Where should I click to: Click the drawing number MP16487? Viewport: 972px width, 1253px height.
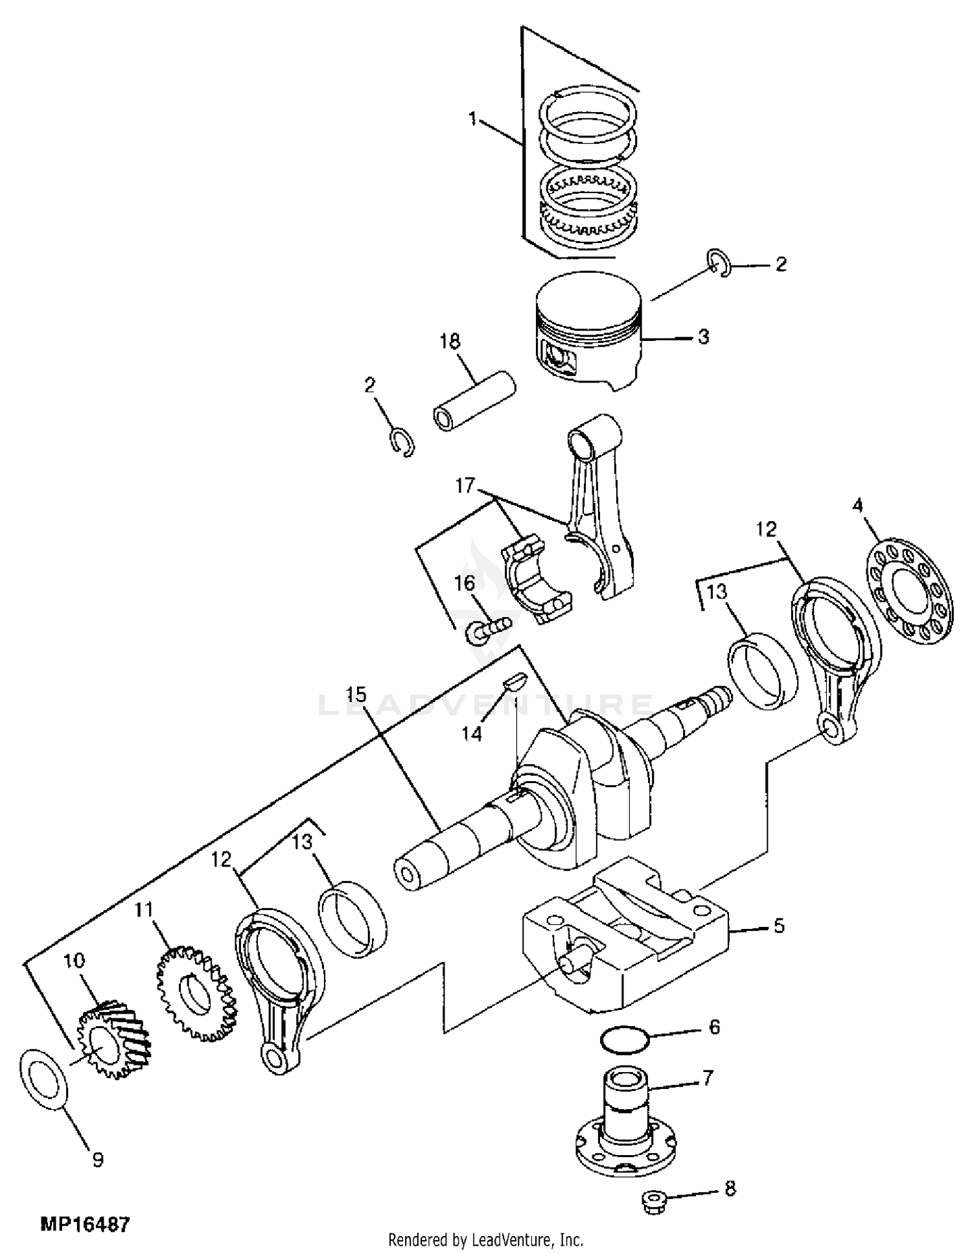(x=86, y=1224)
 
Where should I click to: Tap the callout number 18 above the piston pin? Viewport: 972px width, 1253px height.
(x=450, y=341)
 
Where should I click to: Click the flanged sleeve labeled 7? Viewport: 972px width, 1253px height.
(x=626, y=1122)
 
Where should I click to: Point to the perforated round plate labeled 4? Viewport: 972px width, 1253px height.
(x=910, y=590)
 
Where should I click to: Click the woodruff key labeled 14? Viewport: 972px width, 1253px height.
(x=516, y=681)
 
